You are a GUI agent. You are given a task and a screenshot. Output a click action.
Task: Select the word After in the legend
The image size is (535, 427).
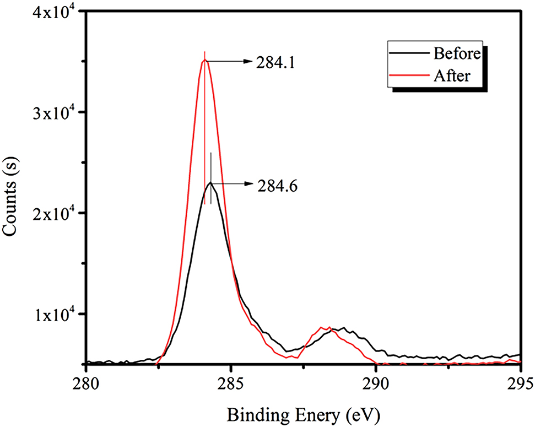click(452, 75)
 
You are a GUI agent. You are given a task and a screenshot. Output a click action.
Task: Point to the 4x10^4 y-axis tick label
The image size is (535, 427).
click(53, 12)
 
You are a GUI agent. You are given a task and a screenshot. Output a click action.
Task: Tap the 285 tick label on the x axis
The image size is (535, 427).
click(231, 381)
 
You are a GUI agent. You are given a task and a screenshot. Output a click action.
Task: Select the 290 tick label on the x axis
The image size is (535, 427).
click(376, 381)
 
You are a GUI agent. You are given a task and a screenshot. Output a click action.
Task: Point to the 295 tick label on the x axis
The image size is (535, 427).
click(520, 381)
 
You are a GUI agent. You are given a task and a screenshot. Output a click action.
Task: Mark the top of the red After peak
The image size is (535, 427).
click(204, 60)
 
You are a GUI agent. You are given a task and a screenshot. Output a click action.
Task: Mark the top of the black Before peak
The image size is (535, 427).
click(210, 182)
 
